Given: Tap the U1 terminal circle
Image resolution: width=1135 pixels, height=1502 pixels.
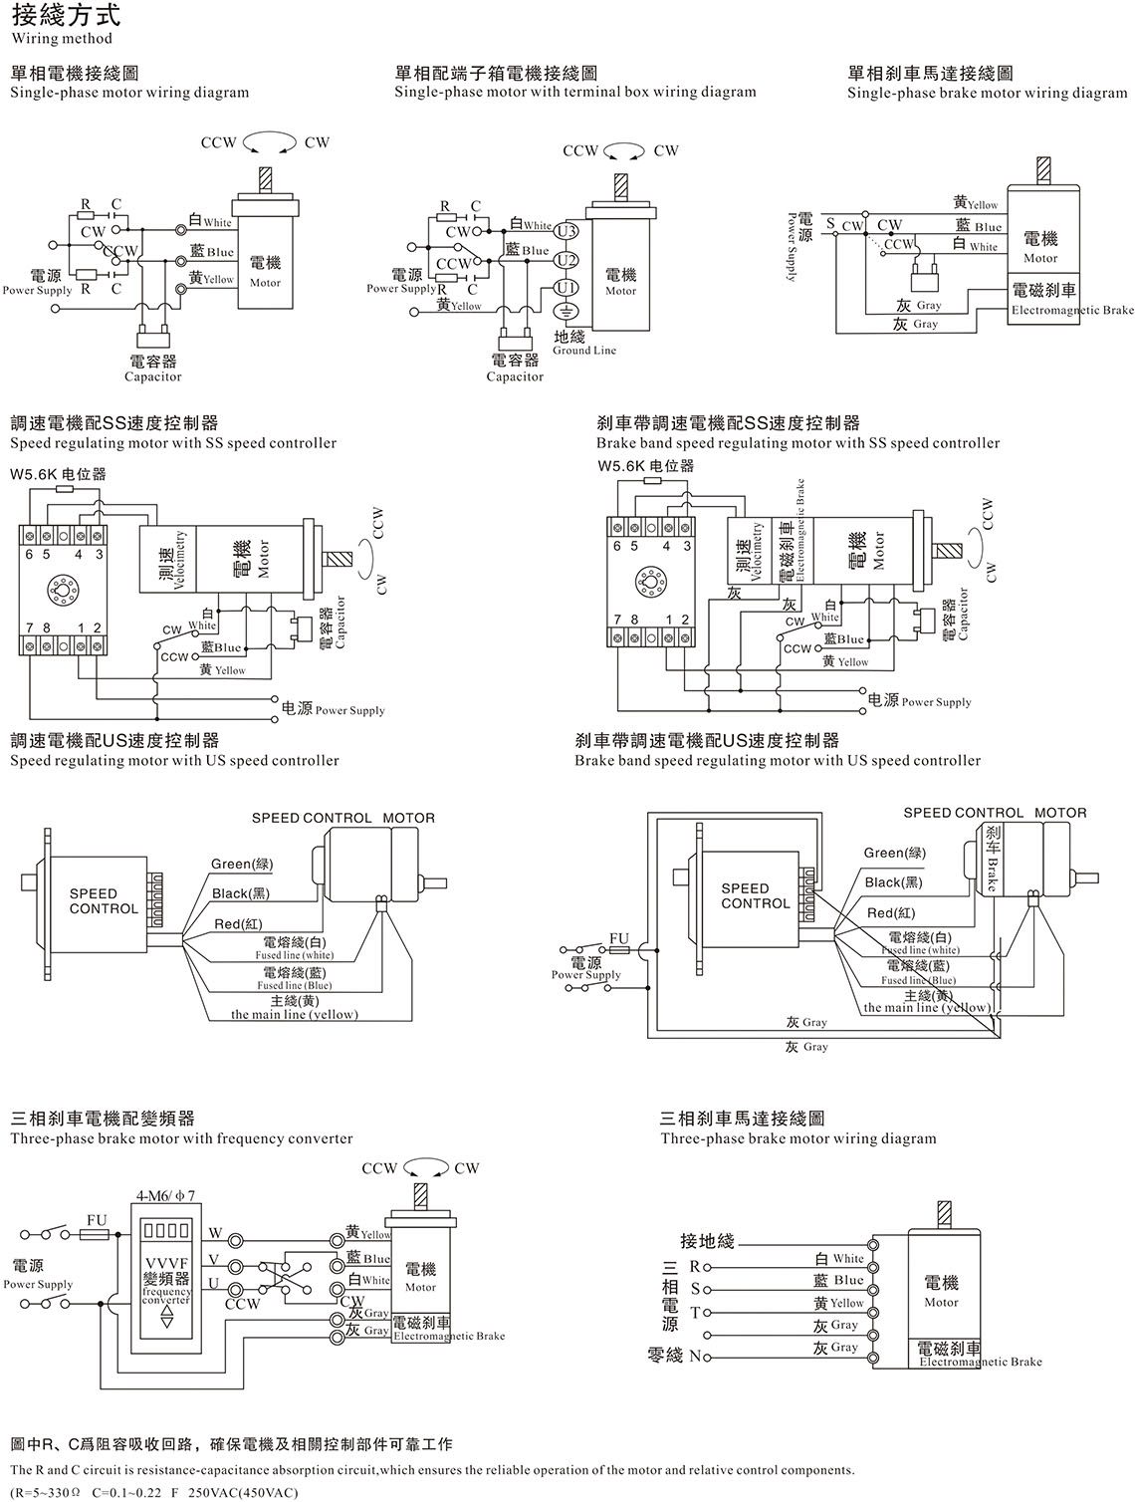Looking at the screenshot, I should (x=566, y=288).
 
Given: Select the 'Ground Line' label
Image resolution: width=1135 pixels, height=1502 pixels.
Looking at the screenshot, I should (x=584, y=351).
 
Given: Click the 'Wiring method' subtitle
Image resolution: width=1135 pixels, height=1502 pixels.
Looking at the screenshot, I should (x=61, y=39).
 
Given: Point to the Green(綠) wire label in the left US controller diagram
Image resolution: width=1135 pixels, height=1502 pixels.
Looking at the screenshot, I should (x=242, y=864).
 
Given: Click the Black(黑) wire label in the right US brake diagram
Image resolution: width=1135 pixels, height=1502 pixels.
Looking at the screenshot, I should (x=893, y=882).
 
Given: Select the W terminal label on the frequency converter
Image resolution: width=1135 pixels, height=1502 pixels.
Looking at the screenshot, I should (x=215, y=1234).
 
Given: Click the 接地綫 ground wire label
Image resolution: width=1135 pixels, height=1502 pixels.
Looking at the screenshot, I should (x=707, y=1241).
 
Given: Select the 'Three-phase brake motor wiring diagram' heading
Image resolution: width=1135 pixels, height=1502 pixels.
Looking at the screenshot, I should (x=798, y=1138).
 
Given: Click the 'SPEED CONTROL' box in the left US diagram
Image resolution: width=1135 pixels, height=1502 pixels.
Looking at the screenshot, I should (x=104, y=901).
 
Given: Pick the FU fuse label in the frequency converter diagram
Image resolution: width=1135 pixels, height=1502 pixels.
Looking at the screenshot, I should (x=96, y=1220).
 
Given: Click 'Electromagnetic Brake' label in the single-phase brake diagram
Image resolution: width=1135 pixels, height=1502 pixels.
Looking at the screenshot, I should (x=1072, y=310).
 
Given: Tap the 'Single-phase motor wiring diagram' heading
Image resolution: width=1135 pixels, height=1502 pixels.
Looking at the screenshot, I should (x=129, y=93).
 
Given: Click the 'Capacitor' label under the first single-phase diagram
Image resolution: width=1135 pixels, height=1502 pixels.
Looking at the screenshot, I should (x=153, y=376).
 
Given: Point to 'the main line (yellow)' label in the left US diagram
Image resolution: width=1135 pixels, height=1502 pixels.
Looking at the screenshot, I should (x=294, y=1014).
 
